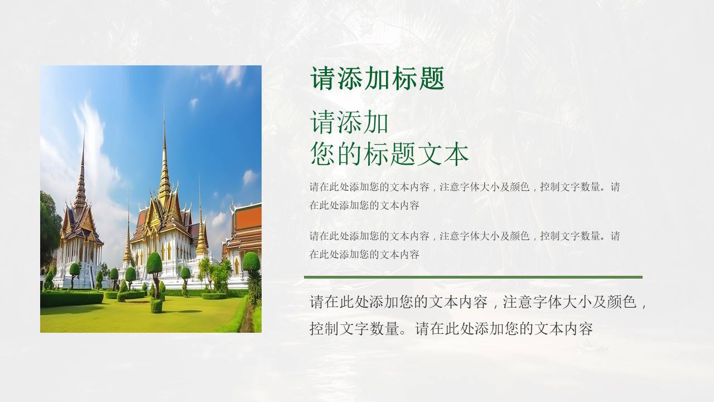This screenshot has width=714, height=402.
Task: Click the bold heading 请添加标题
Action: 377,79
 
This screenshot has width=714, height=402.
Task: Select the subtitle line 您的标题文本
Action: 389,154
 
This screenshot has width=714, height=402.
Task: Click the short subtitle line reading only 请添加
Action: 349,122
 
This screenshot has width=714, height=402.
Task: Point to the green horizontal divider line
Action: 473,277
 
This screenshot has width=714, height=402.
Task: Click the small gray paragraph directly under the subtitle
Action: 464,196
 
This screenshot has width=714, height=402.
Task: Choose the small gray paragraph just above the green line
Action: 464,245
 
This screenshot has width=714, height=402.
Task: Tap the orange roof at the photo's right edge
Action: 248,218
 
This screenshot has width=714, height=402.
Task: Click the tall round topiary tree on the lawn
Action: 155,262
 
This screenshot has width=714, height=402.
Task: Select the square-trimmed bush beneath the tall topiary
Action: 156,305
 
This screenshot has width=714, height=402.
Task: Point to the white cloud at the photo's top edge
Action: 230,74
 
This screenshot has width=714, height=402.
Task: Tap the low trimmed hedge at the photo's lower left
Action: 70,299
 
